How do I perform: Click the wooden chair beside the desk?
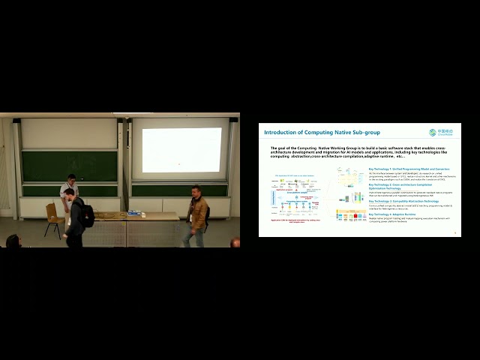52,218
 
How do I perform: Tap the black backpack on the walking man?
86,214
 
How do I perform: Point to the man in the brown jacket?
196,216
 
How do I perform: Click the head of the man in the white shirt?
72,178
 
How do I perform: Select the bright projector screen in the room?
182,149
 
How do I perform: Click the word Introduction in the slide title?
282,133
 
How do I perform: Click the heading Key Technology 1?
396,169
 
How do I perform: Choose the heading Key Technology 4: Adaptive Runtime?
396,214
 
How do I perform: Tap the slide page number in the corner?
455,232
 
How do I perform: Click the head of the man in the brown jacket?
196,190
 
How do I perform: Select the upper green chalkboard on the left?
69,166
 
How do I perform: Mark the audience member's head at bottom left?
12,241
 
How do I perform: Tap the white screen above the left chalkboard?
69,133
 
